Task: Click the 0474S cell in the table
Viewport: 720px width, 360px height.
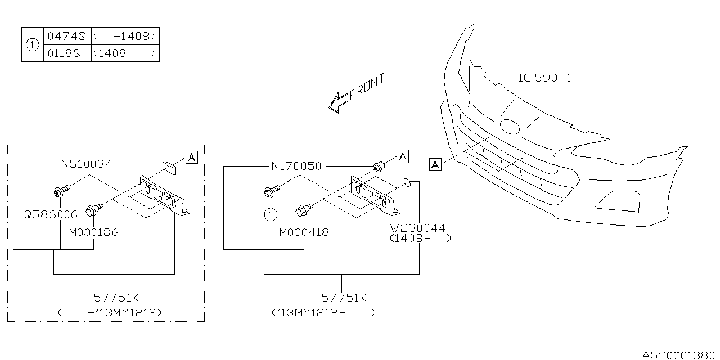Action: click(66, 36)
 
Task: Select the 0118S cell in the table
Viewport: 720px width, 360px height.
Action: click(66, 53)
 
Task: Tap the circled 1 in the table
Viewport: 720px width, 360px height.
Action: click(33, 45)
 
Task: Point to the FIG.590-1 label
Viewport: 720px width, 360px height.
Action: click(540, 78)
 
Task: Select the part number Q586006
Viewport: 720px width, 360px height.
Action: click(50, 214)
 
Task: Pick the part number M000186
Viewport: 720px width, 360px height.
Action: click(93, 232)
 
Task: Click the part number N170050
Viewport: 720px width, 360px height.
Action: click(296, 166)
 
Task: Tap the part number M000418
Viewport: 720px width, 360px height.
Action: click(304, 232)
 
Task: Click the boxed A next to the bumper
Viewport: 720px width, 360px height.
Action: click(435, 164)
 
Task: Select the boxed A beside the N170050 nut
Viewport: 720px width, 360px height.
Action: click(402, 156)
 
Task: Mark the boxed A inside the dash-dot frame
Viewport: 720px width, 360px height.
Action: click(191, 157)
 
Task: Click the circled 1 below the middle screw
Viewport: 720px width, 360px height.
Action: click(271, 214)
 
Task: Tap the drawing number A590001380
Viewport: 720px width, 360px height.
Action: click(679, 354)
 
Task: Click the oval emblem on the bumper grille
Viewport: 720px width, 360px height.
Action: click(510, 127)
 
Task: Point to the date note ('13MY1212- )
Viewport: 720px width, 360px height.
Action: click(323, 312)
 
